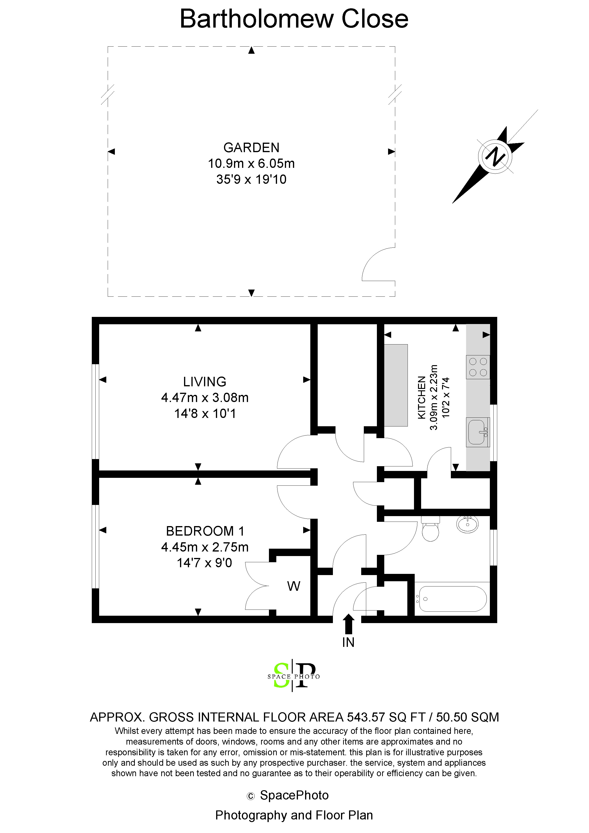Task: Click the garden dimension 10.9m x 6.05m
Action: tap(251, 164)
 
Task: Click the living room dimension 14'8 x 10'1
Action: tap(205, 414)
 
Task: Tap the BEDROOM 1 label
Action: tap(205, 531)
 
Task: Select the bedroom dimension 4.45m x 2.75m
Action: tap(205, 547)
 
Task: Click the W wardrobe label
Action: tap(294, 586)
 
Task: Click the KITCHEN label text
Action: tap(421, 398)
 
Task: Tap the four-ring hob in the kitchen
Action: tap(478, 367)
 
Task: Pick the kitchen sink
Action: tap(477, 432)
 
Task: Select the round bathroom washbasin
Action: tap(467, 524)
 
